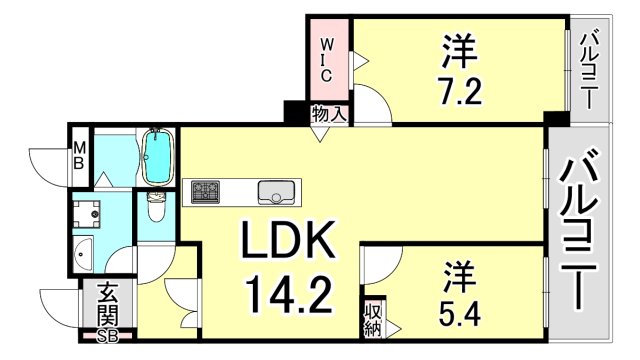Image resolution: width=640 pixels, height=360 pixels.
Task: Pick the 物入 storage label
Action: pyautogui.click(x=329, y=114)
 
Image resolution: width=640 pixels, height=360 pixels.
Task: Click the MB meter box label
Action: pyautogui.click(x=78, y=157)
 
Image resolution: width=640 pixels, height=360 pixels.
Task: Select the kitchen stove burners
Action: pyautogui.click(x=208, y=190)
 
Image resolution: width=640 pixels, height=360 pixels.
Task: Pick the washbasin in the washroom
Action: pyautogui.click(x=83, y=253)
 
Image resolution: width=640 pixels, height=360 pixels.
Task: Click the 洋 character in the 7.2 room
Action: pyautogui.click(x=459, y=48)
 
